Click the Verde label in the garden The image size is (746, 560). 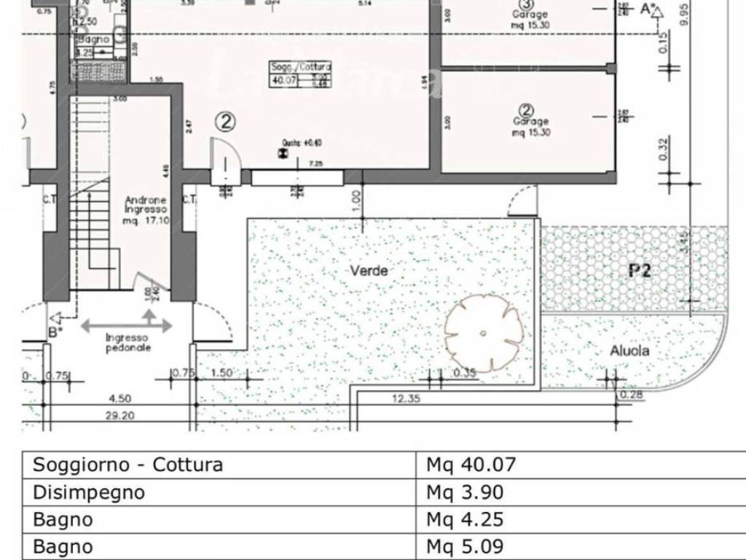[x=369, y=271]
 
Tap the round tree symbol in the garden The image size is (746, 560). [x=484, y=332]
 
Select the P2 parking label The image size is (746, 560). [x=640, y=271]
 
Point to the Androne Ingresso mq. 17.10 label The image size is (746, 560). [x=146, y=210]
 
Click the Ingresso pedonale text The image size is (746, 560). [x=127, y=343]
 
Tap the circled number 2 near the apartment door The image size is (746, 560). [x=226, y=122]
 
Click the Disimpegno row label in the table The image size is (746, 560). [x=89, y=492]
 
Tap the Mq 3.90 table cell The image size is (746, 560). [x=465, y=492]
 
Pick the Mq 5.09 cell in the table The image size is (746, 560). [x=465, y=547]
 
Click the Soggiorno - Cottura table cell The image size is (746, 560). [x=128, y=464]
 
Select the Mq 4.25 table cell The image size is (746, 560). [x=465, y=520]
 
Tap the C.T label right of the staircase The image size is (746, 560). [x=189, y=199]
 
